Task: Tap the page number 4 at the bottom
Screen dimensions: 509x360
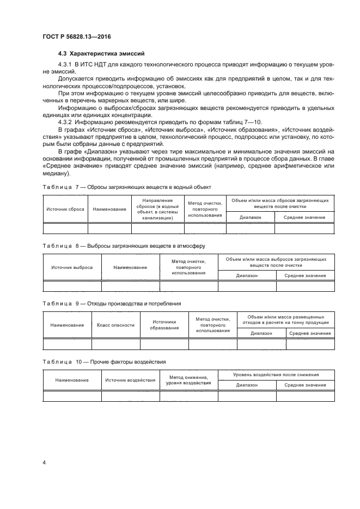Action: tap(44, 462)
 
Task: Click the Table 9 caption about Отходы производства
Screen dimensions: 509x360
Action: tap(112, 303)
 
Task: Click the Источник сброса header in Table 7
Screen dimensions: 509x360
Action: tap(65, 209)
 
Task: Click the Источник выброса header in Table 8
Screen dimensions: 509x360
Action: tap(72, 267)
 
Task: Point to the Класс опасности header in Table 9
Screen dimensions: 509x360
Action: tap(115, 325)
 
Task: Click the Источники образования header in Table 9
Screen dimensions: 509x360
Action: tap(164, 325)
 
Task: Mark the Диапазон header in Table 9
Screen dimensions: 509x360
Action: tap(261, 333)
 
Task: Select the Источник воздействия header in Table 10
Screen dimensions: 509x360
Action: tap(130, 379)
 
